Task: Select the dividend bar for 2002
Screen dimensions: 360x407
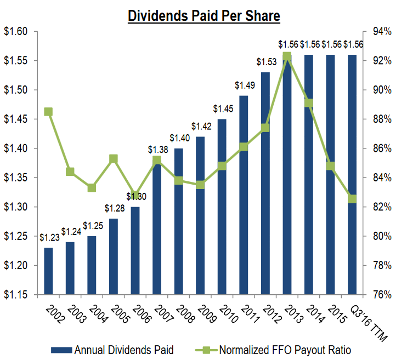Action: point(48,271)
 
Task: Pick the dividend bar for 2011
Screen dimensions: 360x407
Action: point(244,195)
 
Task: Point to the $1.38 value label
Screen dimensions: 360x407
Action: point(158,149)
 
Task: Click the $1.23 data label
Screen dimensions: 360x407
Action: point(49,237)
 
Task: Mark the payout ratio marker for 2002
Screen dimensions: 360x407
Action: point(48,112)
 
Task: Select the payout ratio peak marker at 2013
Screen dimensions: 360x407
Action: point(286,56)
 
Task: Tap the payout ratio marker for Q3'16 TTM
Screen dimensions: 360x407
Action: point(352,199)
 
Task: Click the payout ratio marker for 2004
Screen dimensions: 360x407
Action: point(92,187)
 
